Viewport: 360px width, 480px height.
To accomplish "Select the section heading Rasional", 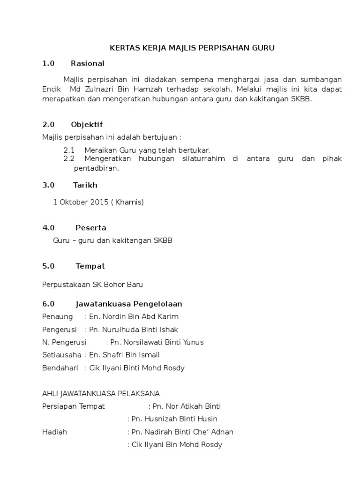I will [x=88, y=63].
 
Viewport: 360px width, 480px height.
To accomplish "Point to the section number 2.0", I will [x=48, y=124].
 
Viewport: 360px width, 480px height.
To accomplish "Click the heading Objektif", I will [x=87, y=124].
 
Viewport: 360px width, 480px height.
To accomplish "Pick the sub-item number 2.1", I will [x=69, y=150].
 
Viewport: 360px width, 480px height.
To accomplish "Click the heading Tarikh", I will [x=85, y=185].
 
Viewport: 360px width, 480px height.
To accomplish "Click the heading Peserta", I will [x=91, y=228].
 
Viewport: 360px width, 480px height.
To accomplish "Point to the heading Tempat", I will [x=90, y=266].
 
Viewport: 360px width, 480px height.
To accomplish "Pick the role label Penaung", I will [x=57, y=316].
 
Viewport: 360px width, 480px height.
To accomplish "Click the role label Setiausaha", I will [x=61, y=355].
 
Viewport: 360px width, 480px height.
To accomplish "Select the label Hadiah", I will [x=54, y=432].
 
